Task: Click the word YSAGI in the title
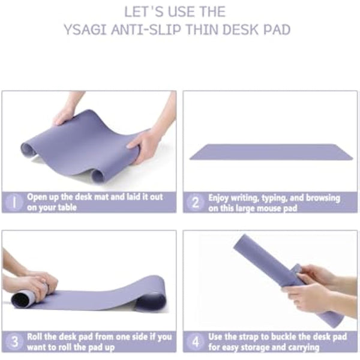85,29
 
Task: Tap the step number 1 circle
14,202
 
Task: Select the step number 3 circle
14,341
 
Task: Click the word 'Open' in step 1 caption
37,197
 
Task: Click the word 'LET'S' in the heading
143,11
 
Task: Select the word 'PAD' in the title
276,29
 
